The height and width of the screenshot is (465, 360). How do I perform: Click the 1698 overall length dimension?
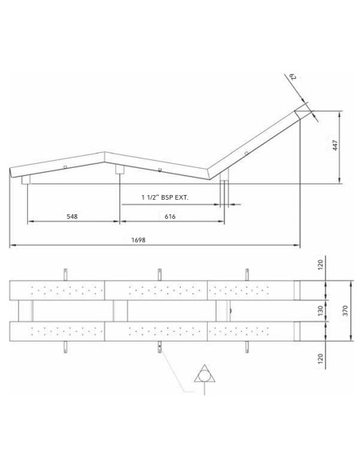(139, 240)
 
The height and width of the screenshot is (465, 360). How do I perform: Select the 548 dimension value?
(72, 217)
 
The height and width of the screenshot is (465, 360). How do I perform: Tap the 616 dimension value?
(170, 217)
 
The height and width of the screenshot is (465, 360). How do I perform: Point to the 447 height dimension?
(335, 145)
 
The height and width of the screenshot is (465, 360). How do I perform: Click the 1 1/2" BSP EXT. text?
(165, 197)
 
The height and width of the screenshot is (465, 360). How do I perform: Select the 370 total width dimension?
(345, 311)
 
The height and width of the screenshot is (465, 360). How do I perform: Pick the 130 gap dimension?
(320, 311)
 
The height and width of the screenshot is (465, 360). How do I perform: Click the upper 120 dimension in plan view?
(320, 265)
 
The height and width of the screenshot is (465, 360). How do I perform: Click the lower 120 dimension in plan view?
(320, 358)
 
